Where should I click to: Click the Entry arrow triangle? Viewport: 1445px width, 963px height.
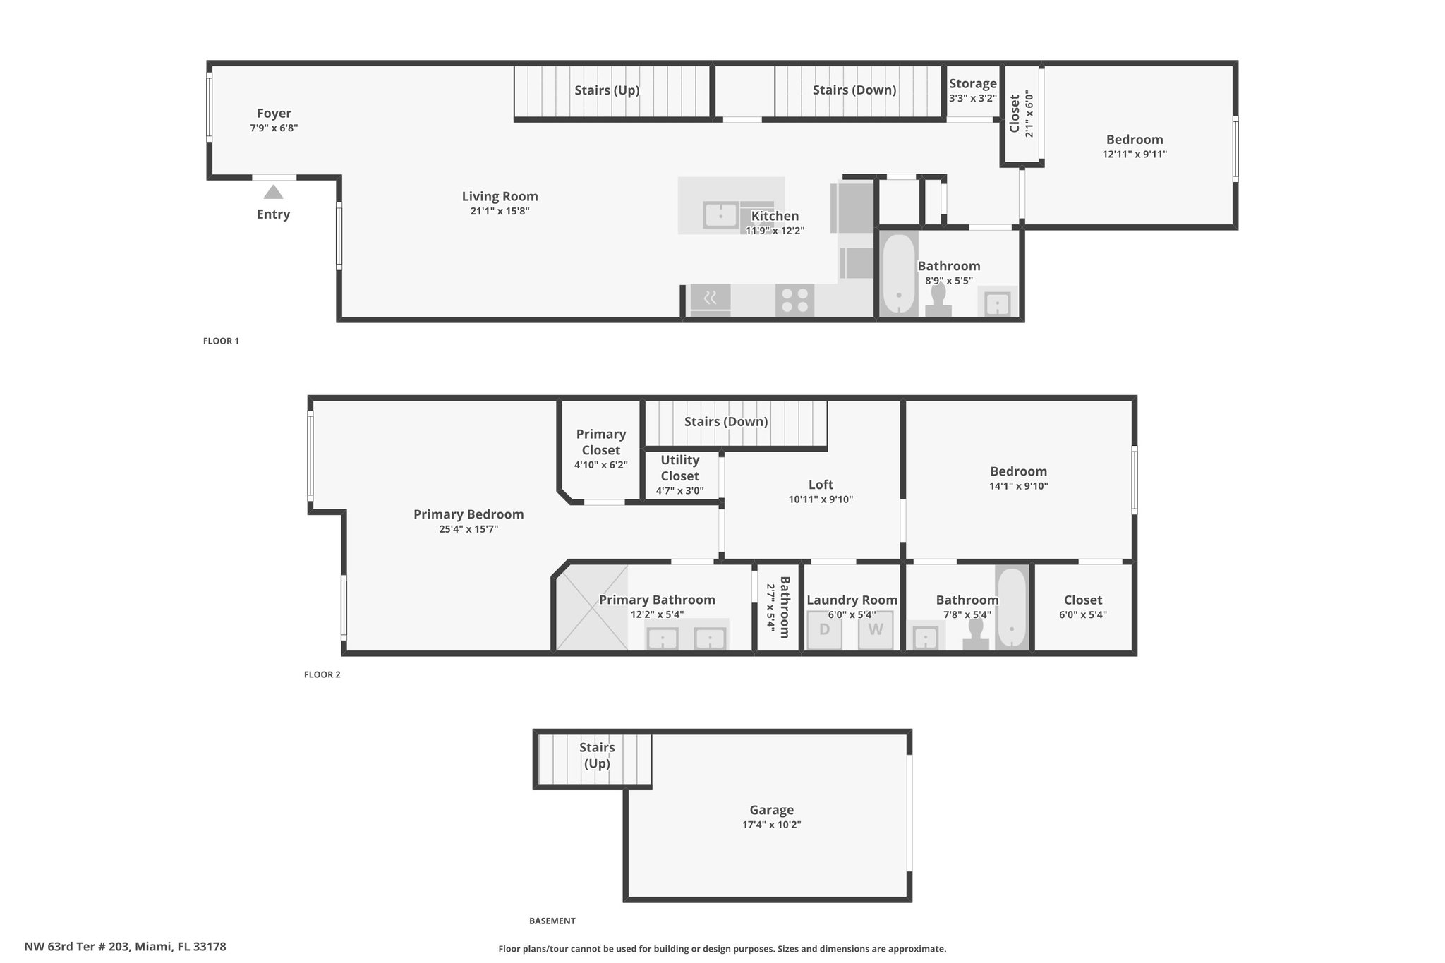pyautogui.click(x=273, y=192)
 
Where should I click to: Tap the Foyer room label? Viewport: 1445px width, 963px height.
pyautogui.click(x=274, y=113)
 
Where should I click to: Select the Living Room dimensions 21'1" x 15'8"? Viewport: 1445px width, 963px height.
pyautogui.click(x=500, y=211)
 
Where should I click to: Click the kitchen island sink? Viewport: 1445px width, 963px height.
pyautogui.click(x=720, y=215)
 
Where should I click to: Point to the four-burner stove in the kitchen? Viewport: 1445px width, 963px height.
pyautogui.click(x=794, y=300)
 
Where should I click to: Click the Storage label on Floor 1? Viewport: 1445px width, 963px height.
pyautogui.click(x=972, y=84)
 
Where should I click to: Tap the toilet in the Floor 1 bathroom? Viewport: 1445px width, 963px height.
pyautogui.click(x=938, y=300)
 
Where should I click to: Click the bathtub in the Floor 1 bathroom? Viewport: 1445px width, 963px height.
pyautogui.click(x=898, y=274)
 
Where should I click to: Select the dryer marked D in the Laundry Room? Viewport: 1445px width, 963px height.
pyautogui.click(x=824, y=629)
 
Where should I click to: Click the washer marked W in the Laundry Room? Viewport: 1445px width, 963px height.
pyautogui.click(x=876, y=629)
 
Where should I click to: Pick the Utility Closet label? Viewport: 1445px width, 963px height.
pyautogui.click(x=679, y=468)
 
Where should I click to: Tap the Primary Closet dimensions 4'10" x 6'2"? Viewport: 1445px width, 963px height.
pyautogui.click(x=600, y=465)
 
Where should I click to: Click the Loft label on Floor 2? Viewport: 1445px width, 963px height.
pyautogui.click(x=821, y=485)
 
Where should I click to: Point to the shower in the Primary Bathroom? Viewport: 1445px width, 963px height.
pyautogui.click(x=591, y=607)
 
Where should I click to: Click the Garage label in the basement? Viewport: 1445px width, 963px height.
pyautogui.click(x=771, y=810)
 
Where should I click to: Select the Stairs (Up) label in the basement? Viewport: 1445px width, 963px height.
pyautogui.click(x=597, y=755)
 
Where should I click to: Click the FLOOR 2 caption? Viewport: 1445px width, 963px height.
pyautogui.click(x=322, y=674)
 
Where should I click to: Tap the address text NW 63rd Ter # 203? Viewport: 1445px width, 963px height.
pyautogui.click(x=76, y=947)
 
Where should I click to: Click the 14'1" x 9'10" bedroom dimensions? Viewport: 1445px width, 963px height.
pyautogui.click(x=1018, y=486)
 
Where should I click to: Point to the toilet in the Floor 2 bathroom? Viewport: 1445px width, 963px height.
pyautogui.click(x=977, y=633)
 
